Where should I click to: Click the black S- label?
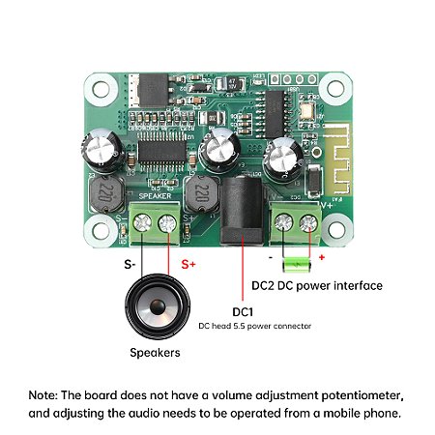point(129,264)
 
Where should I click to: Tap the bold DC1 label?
point(243,312)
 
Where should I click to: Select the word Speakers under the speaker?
point(155,353)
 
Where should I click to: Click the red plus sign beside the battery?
point(321,258)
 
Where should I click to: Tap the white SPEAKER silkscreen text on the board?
point(155,196)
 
